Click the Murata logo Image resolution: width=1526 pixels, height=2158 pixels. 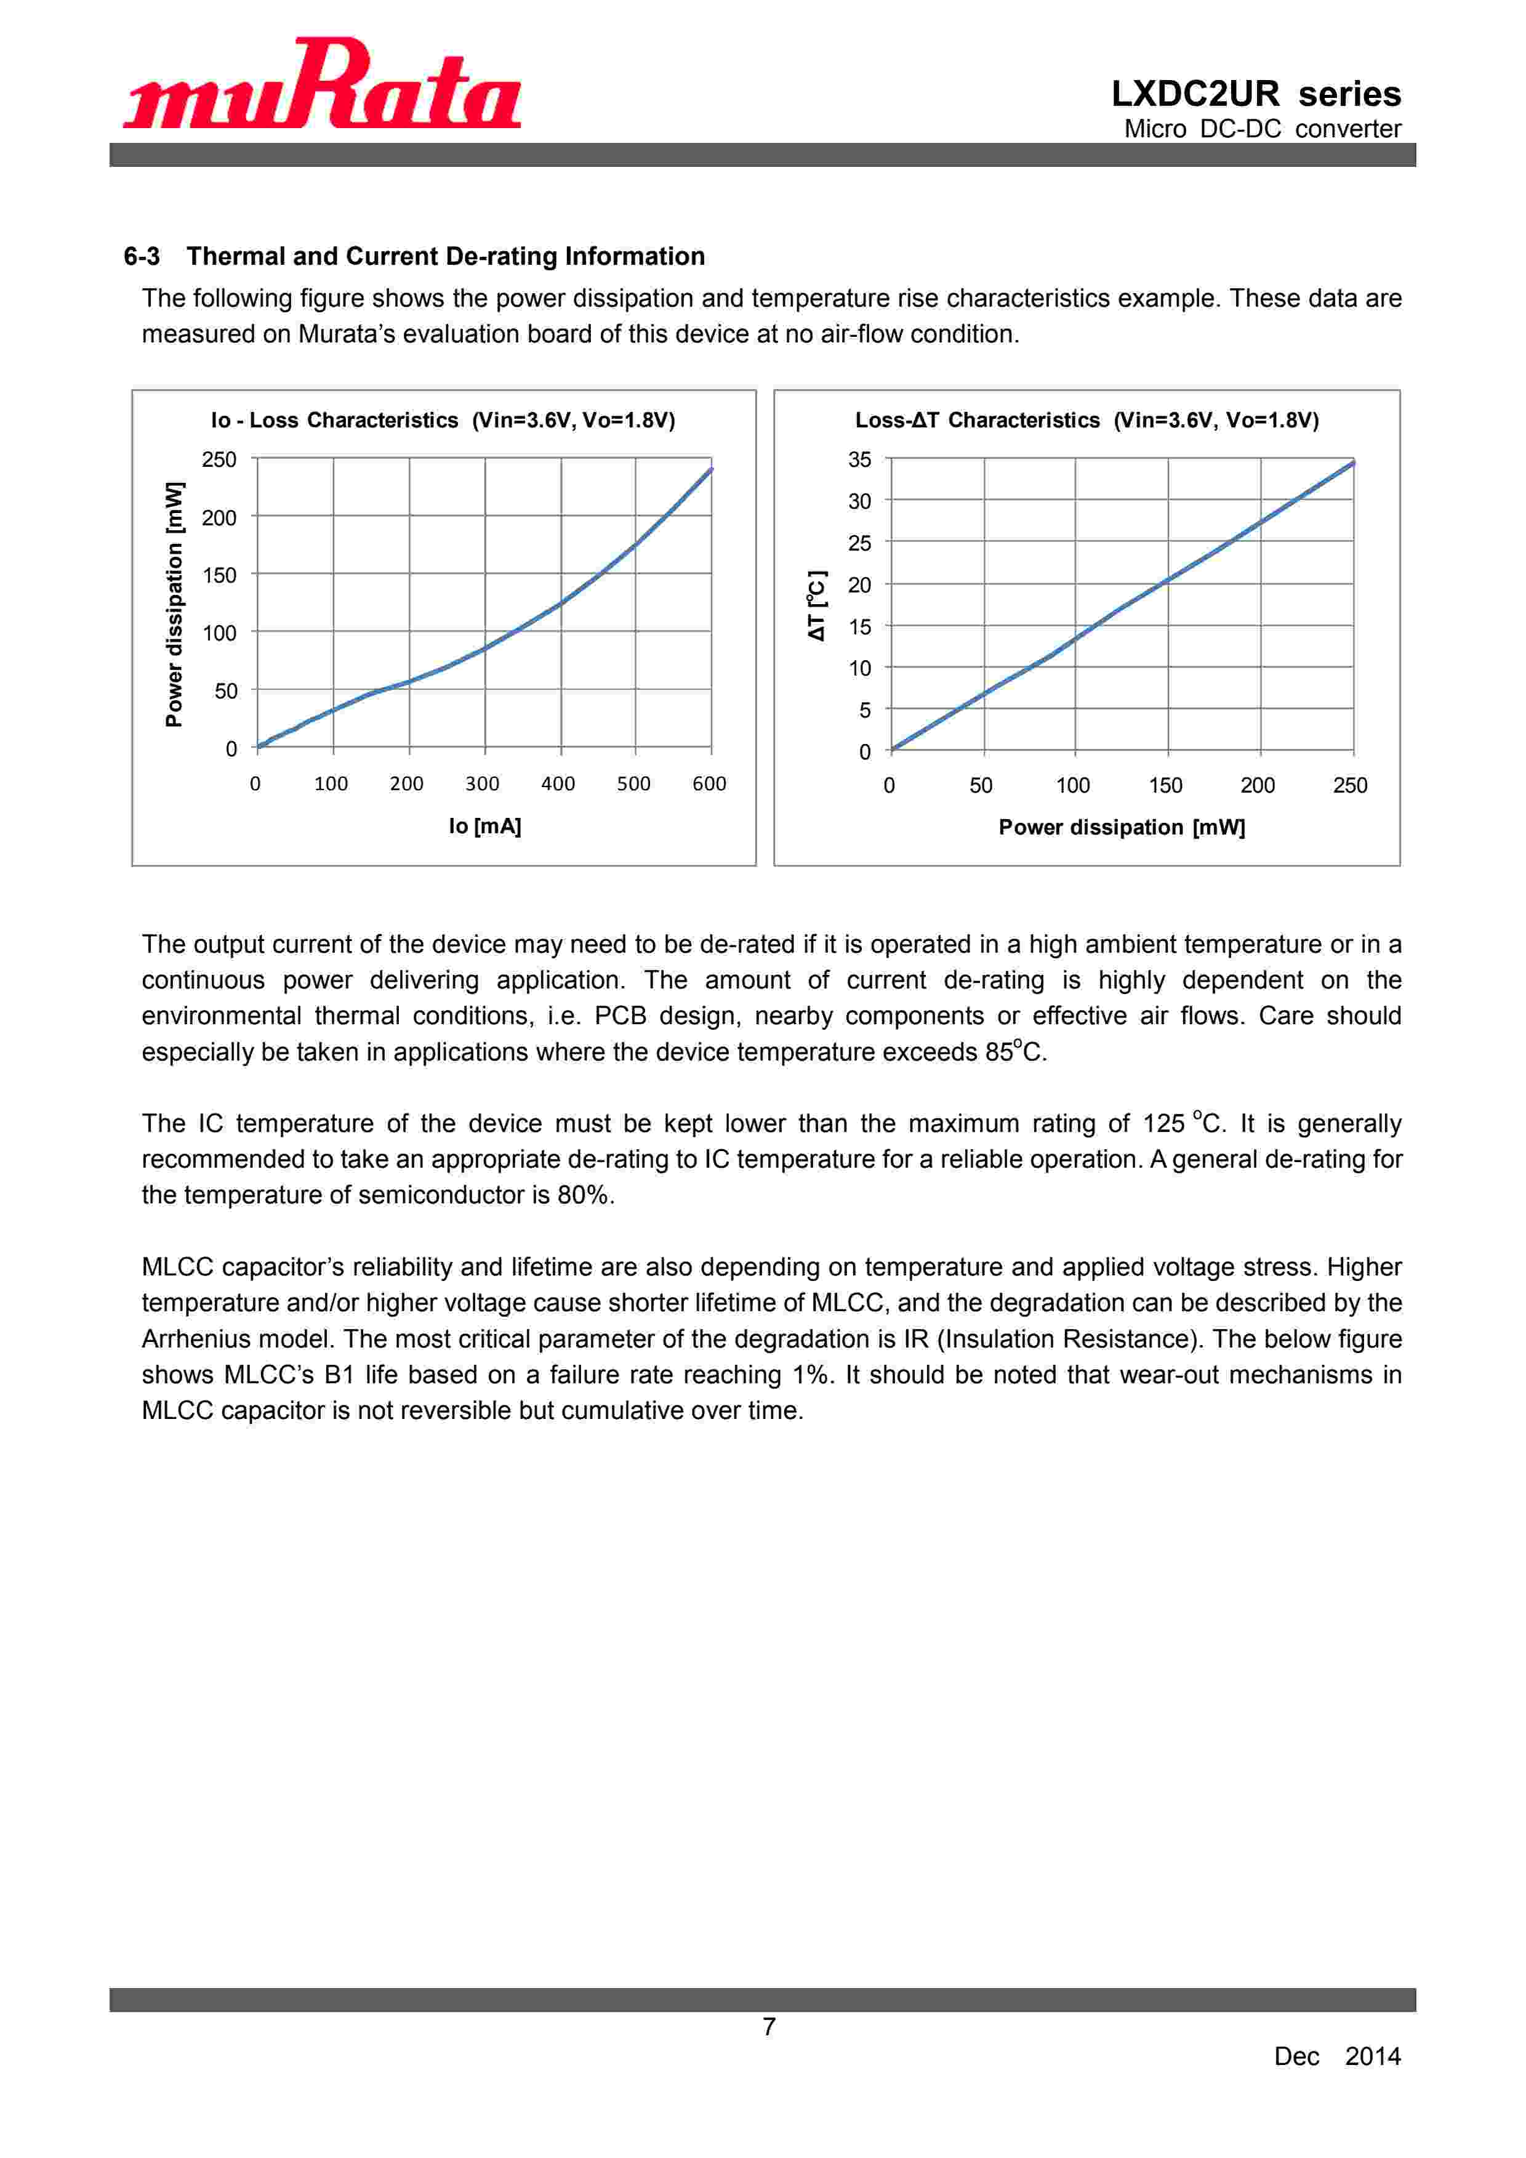(x=323, y=84)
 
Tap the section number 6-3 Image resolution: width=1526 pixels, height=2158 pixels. (x=142, y=257)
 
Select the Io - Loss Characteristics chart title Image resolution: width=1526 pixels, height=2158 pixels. (x=443, y=420)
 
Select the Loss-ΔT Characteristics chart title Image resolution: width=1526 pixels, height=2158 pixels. (x=1086, y=420)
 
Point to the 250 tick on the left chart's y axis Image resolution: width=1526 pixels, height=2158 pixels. (x=219, y=459)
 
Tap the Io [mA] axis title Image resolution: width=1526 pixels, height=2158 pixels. (x=485, y=826)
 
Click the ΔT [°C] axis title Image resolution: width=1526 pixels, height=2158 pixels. (x=817, y=606)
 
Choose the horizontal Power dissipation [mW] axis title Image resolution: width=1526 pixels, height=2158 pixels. (x=1121, y=827)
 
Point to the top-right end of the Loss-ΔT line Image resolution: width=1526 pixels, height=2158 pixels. (x=1352, y=463)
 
